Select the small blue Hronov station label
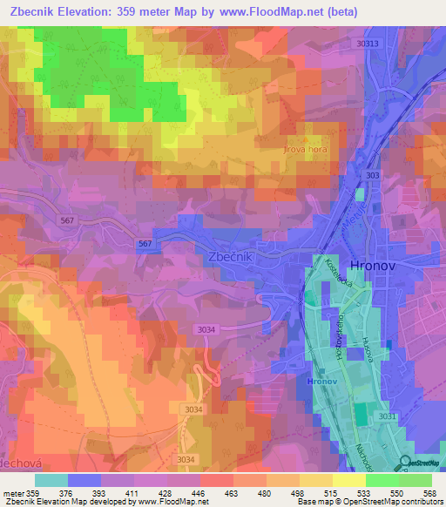point(321,381)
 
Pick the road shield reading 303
point(373,175)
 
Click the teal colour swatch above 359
point(51,479)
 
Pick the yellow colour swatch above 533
point(348,479)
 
